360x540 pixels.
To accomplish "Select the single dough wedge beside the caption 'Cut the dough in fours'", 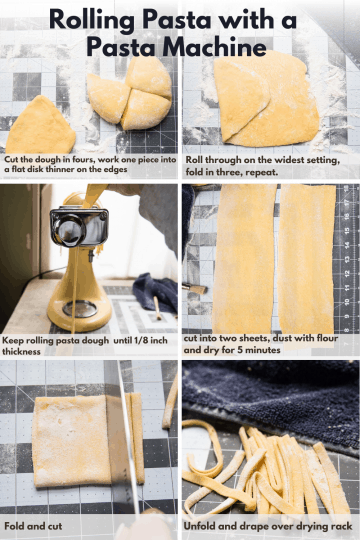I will pyautogui.click(x=40, y=126).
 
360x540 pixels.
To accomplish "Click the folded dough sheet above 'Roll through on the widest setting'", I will pyautogui.click(x=265, y=100).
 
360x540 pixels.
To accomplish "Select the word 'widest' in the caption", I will pyautogui.click(x=285, y=160).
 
